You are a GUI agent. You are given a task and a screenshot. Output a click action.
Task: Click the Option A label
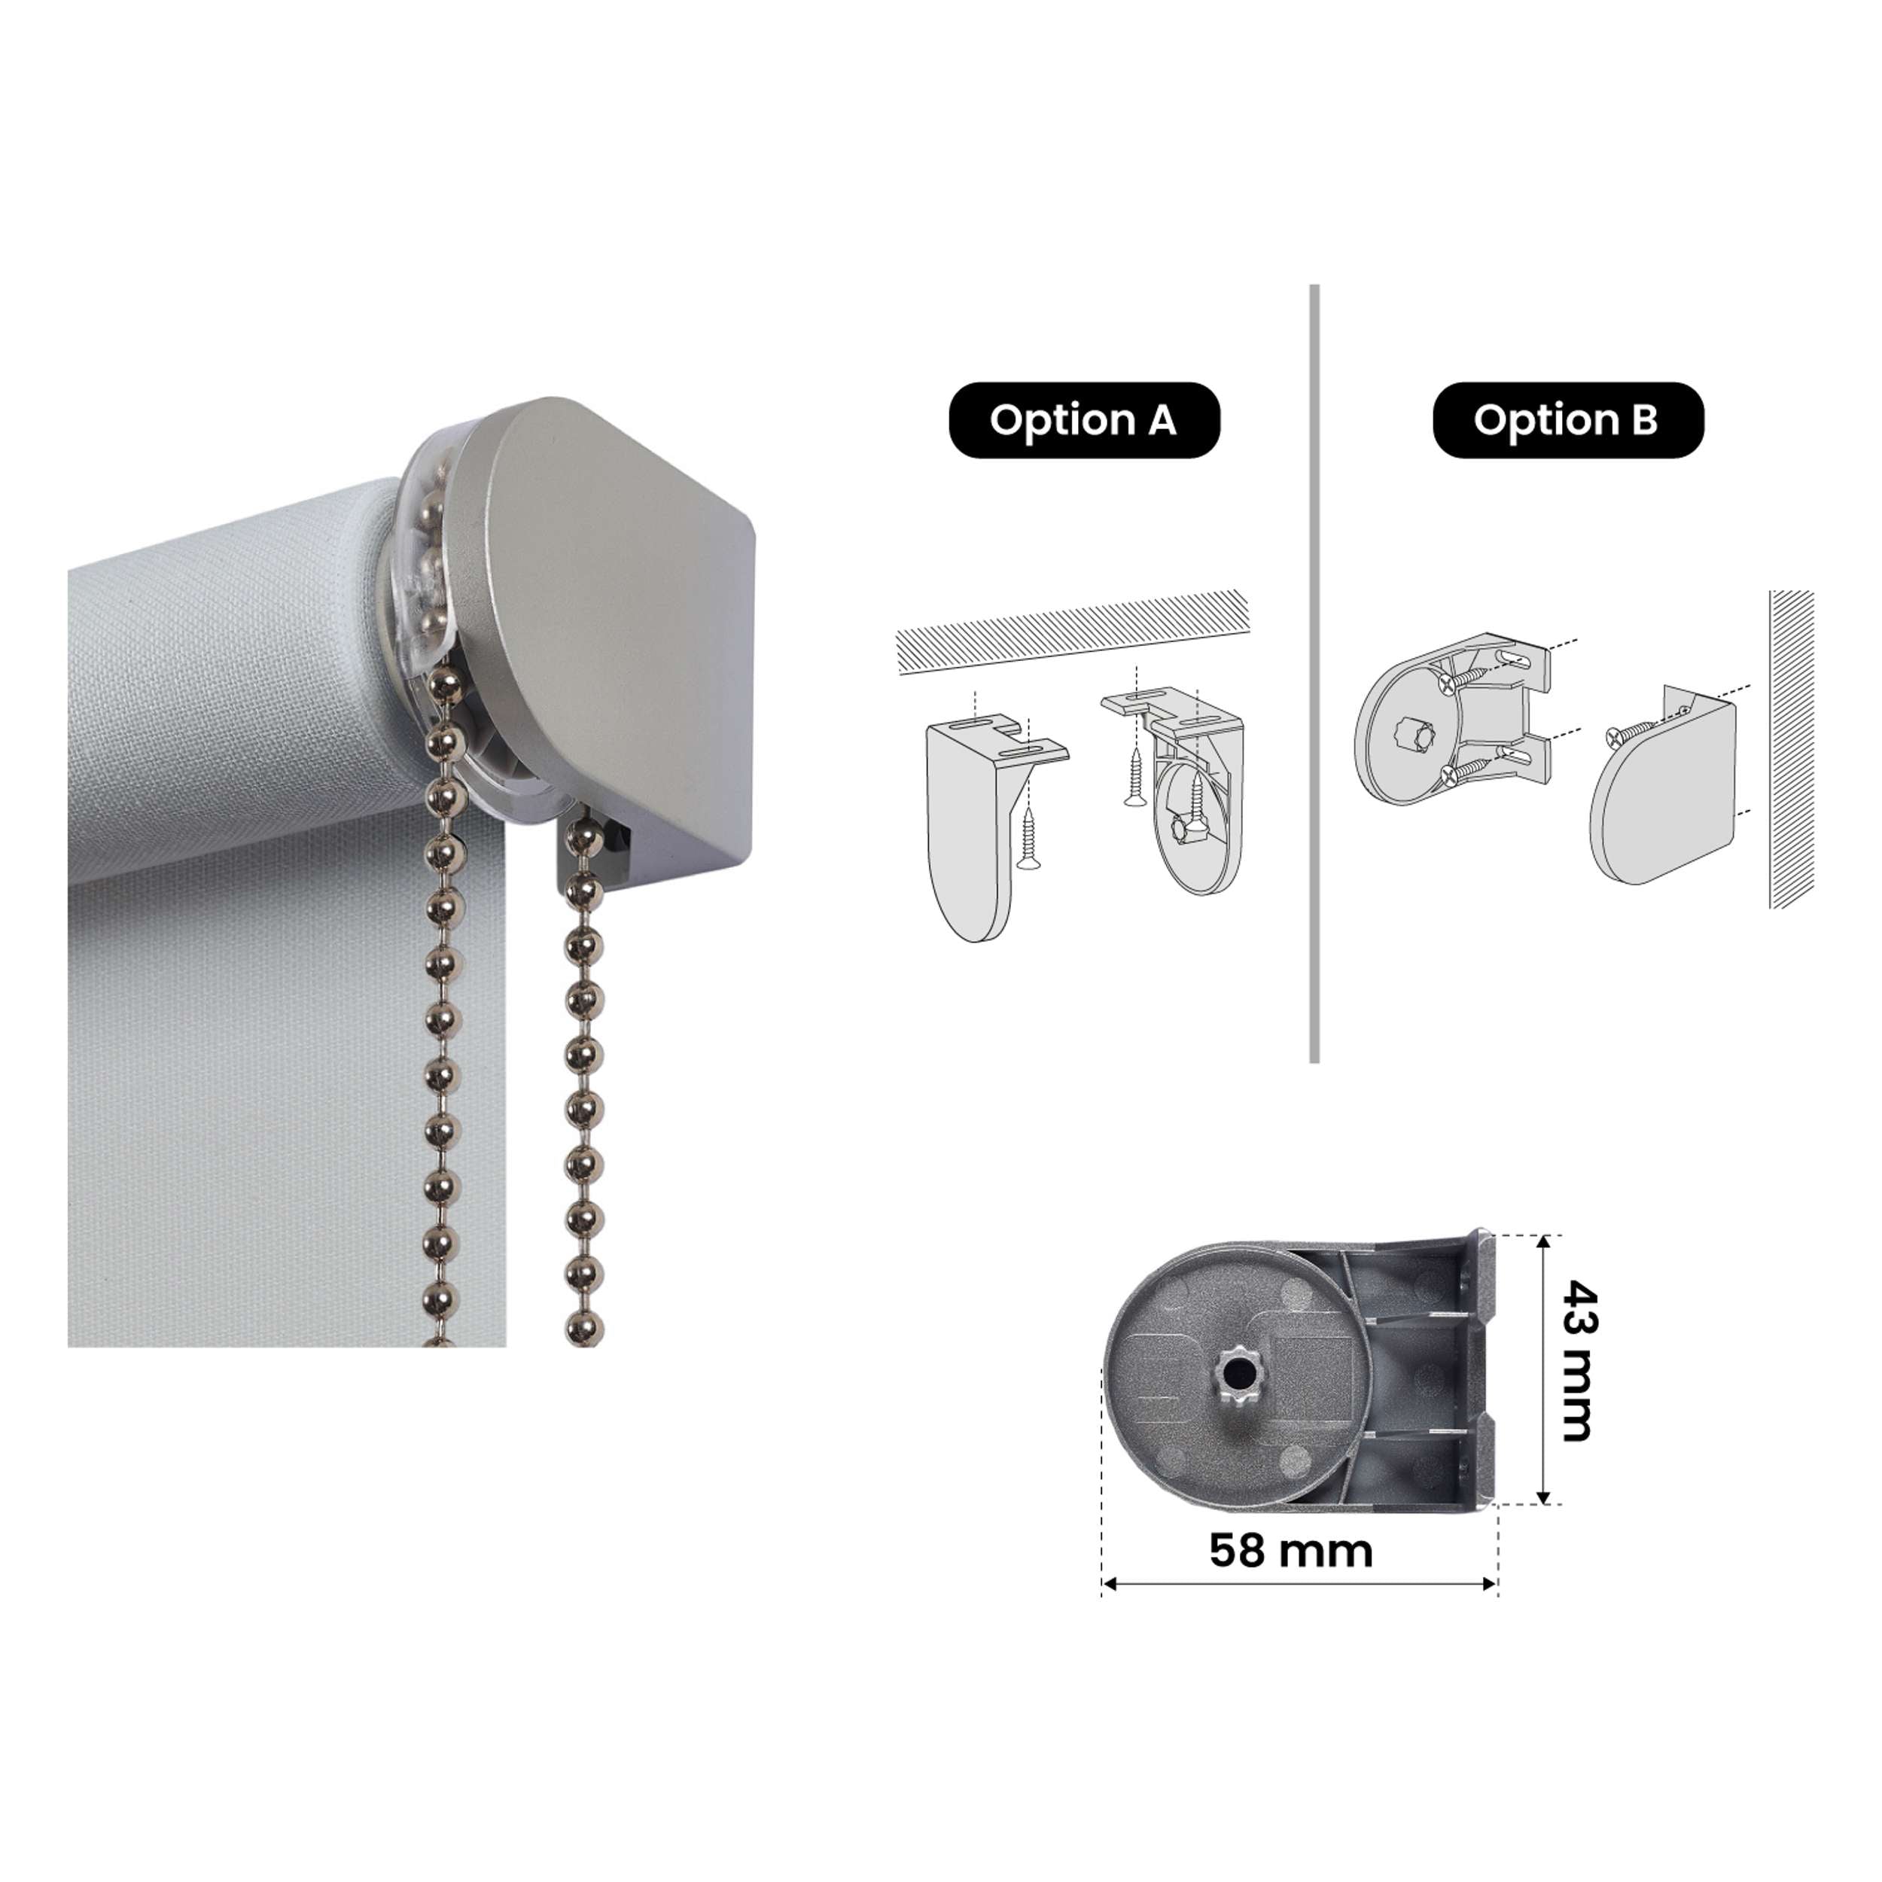1083,420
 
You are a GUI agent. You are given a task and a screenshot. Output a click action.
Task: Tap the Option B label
1567,420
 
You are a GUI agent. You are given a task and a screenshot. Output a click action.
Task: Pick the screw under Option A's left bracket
1028,838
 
